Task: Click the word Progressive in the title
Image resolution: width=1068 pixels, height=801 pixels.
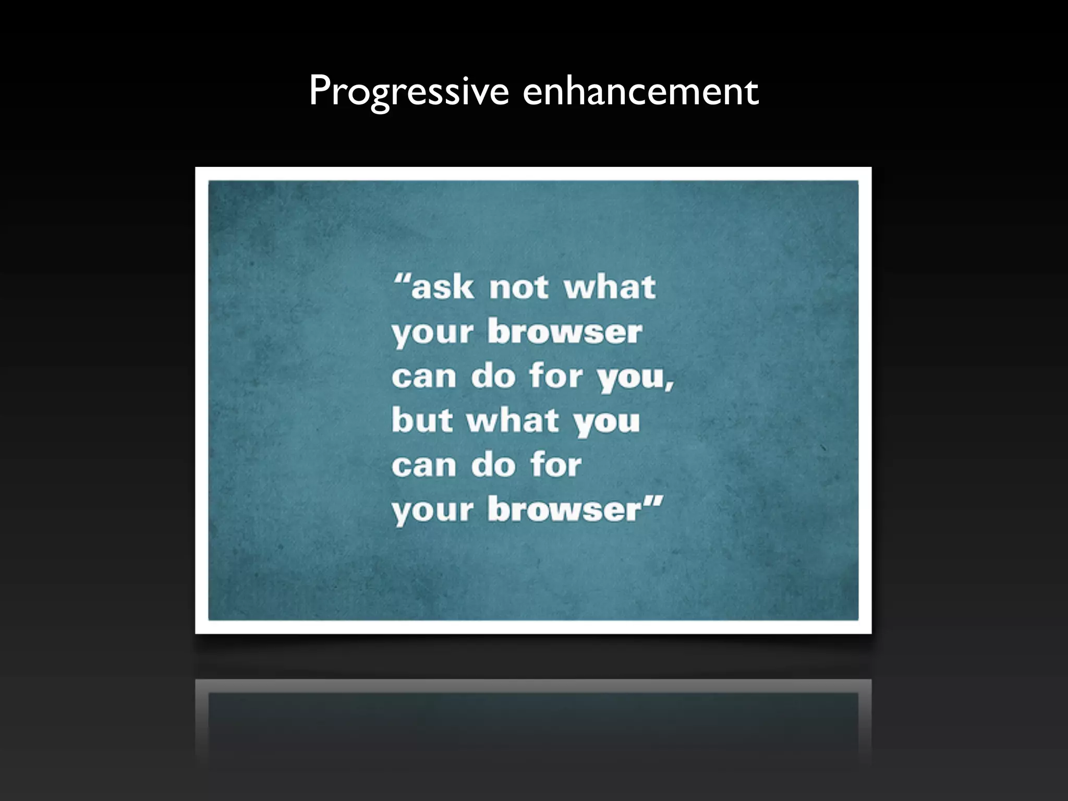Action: pyautogui.click(x=409, y=92)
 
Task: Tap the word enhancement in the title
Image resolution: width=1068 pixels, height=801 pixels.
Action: pyautogui.click(x=640, y=92)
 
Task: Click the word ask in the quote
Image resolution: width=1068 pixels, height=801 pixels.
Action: pyautogui.click(x=443, y=287)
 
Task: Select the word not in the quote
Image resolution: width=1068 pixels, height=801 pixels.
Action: pyautogui.click(x=519, y=287)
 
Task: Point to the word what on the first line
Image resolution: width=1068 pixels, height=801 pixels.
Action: pyautogui.click(x=610, y=287)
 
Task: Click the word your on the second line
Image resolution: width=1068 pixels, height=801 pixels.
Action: pyautogui.click(x=433, y=333)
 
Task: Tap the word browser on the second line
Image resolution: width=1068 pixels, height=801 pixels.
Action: pyautogui.click(x=565, y=332)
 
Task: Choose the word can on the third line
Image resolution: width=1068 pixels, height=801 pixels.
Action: pyautogui.click(x=424, y=377)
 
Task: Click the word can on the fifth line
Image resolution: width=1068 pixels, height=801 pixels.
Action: pyautogui.click(x=424, y=465)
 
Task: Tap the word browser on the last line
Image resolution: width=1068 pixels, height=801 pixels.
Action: pyautogui.click(x=565, y=509)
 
